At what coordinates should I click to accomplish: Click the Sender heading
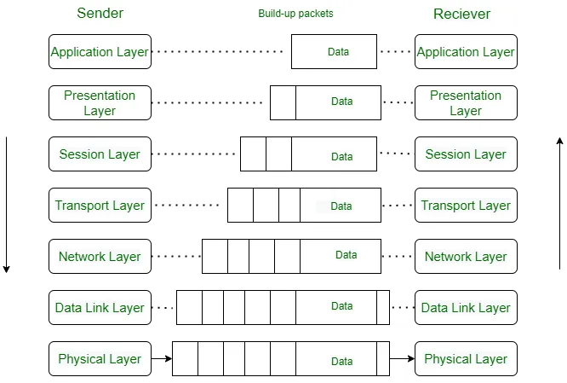click(100, 14)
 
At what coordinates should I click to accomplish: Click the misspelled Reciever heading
click(461, 14)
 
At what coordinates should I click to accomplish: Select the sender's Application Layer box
click(100, 52)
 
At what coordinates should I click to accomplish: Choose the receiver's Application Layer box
click(466, 52)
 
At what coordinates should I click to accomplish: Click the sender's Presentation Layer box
click(100, 103)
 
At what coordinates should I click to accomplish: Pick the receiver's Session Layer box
click(466, 154)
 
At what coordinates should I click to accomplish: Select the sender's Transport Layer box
click(100, 206)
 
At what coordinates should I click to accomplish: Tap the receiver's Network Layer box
click(466, 257)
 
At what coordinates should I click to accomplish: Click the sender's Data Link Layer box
click(100, 308)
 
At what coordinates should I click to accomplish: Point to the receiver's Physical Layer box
click(466, 359)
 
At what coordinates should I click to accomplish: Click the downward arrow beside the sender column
click(7, 205)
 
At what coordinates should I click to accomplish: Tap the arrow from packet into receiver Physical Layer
click(402, 359)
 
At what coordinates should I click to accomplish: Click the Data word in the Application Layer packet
click(338, 52)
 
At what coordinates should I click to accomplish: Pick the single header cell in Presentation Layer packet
click(283, 103)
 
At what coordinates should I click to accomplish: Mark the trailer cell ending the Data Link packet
click(383, 308)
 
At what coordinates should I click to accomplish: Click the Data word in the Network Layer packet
click(346, 255)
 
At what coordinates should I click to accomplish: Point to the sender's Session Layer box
click(100, 154)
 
